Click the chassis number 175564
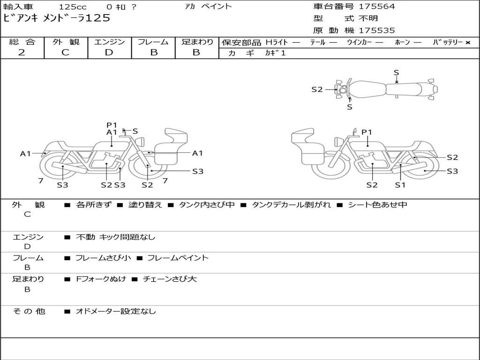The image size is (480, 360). pyautogui.click(x=377, y=7)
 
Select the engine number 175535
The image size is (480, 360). pyautogui.click(x=377, y=30)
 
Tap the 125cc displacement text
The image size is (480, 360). pyautogui.click(x=73, y=7)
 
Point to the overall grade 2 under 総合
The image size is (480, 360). pyautogui.click(x=22, y=52)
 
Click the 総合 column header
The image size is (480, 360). pyautogui.click(x=22, y=42)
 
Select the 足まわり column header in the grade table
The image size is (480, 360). pyautogui.click(x=197, y=42)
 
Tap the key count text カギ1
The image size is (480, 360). pyautogui.click(x=275, y=53)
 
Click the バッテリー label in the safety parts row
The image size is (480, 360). pyautogui.click(x=448, y=42)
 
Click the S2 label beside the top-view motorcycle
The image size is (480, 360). pyautogui.click(x=317, y=89)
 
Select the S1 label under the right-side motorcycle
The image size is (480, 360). pyautogui.click(x=400, y=185)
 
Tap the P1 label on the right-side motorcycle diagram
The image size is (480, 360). pyautogui.click(x=367, y=132)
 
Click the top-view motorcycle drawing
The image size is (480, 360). pyautogui.click(x=387, y=89)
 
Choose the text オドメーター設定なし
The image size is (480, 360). pyautogui.click(x=116, y=311)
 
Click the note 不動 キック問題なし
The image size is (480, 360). pyautogui.click(x=115, y=237)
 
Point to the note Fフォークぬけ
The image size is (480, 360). pyautogui.click(x=101, y=279)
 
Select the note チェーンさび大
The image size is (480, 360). pyautogui.click(x=169, y=279)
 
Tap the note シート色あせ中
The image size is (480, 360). pyautogui.click(x=377, y=205)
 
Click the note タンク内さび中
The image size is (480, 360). pyautogui.click(x=207, y=205)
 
